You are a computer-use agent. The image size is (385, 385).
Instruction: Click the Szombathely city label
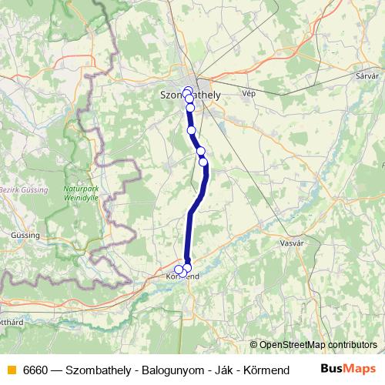(x=189, y=95)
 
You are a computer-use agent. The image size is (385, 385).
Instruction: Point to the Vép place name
(x=248, y=93)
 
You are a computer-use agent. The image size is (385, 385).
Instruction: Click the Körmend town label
(x=183, y=276)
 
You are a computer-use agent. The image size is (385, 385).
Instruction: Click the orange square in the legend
(x=10, y=369)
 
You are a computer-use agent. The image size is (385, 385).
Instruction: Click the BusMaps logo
(x=349, y=368)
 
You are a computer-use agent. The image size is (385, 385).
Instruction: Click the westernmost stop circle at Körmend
(x=179, y=269)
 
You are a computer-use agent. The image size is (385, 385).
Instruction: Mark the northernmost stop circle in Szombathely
(x=186, y=90)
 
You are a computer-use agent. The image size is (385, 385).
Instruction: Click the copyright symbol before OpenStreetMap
(x=253, y=344)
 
